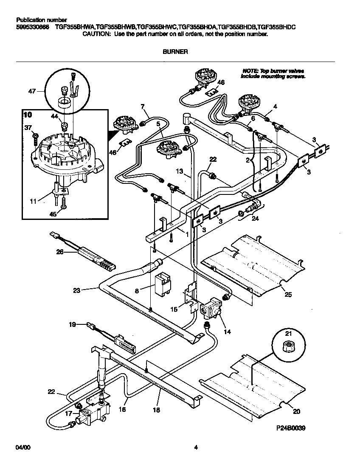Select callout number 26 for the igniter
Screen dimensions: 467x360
[60, 252]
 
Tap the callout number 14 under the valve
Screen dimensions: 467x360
[228, 332]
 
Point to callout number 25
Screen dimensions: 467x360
[288, 294]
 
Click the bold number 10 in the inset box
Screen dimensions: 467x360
[28, 115]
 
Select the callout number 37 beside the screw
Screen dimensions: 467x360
[28, 127]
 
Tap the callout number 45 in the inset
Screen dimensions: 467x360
[53, 214]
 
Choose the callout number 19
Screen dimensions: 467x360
[73, 325]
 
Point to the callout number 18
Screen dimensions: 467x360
[157, 410]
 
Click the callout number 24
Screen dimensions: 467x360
[255, 219]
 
